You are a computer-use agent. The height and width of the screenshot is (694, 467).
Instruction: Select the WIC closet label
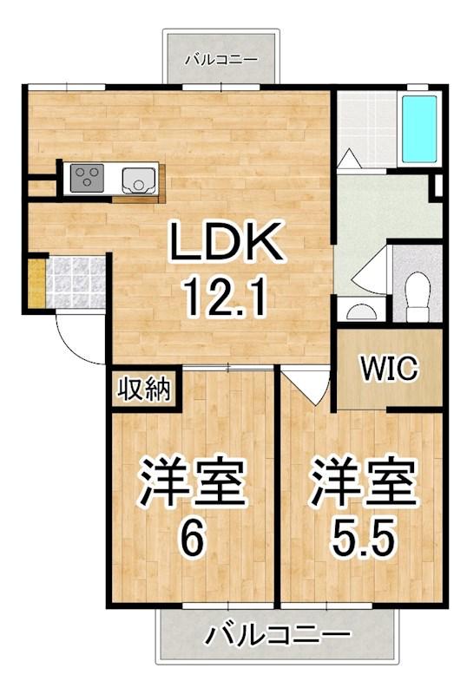click(x=388, y=368)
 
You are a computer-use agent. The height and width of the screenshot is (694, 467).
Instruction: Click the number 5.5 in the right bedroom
click(x=364, y=540)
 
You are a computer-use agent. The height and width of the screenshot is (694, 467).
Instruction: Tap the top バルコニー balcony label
click(x=220, y=61)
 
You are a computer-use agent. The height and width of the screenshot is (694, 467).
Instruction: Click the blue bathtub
click(x=419, y=130)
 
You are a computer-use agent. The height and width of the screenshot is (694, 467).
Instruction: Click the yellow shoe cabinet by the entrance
click(x=36, y=281)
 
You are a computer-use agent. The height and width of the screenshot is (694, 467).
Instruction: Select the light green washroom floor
click(x=382, y=208)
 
